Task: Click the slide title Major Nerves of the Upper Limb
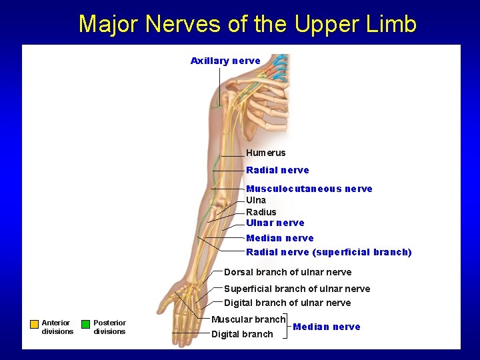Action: [247, 24]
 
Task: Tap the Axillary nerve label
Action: [225, 61]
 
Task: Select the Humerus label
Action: [265, 153]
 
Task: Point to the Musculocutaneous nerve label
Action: [309, 189]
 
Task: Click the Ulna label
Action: [256, 200]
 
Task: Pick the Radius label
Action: [261, 212]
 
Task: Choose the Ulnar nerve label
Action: [275, 223]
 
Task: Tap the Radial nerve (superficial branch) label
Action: [329, 252]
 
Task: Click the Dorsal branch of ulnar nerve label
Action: [287, 272]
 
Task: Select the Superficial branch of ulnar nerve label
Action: [297, 289]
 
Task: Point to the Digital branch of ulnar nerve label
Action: [287, 303]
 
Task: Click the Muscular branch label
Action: [248, 319]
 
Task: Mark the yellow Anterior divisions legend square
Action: [34, 325]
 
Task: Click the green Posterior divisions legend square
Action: [85, 325]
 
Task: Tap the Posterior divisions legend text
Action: [109, 327]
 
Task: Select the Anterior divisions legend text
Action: [57, 327]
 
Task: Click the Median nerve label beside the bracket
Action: [326, 327]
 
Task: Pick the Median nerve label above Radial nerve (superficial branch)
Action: [279, 238]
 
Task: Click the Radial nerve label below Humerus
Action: [277, 170]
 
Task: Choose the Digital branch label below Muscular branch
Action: [242, 334]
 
